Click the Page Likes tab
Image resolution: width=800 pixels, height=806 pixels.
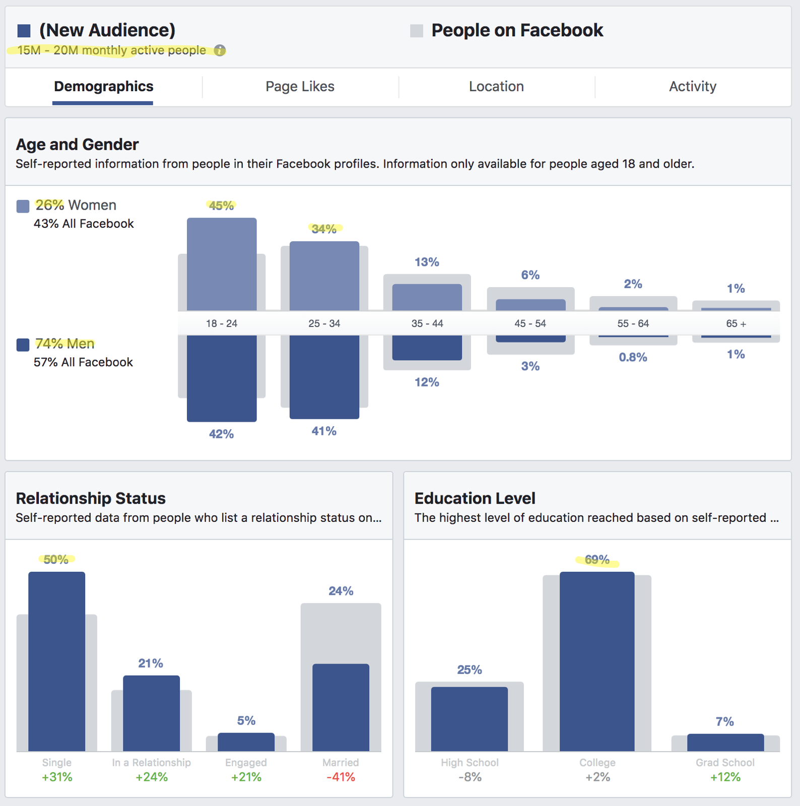300,87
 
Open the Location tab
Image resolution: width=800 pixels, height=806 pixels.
496,87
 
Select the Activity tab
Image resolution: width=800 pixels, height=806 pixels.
693,87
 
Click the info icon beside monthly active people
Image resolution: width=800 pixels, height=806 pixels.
220,50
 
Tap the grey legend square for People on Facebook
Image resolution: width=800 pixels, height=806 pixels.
417,31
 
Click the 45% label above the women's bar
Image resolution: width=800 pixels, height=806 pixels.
221,206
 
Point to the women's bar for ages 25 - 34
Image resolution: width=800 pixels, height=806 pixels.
324,276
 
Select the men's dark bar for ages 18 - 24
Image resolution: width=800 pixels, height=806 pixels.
222,378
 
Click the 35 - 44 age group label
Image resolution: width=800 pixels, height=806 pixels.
427,323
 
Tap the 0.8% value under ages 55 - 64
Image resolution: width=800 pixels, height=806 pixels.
633,357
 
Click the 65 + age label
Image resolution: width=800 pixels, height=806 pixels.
736,323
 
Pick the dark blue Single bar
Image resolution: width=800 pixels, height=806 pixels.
57,661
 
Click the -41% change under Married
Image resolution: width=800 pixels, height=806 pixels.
341,777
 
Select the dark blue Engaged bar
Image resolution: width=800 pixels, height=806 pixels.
246,742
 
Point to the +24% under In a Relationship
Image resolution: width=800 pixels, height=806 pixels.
152,777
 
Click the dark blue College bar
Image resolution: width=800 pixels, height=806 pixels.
597,661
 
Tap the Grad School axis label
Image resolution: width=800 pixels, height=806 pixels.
725,763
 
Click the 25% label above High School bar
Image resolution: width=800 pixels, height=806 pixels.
470,669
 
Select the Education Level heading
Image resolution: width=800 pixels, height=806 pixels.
475,498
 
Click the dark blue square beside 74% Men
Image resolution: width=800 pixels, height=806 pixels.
23,345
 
